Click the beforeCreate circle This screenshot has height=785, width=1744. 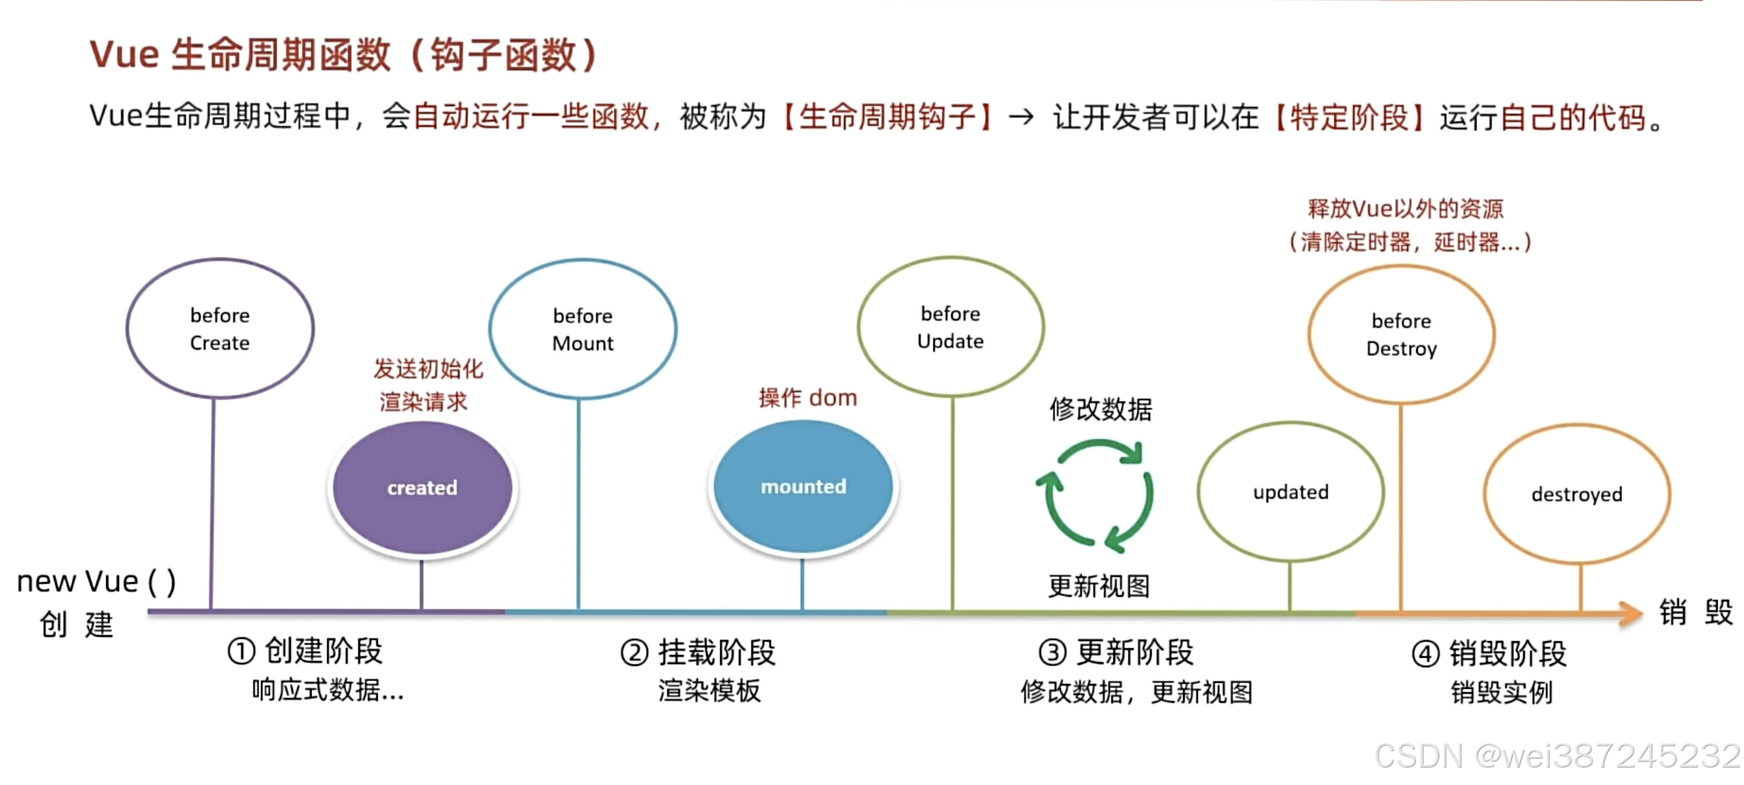click(220, 329)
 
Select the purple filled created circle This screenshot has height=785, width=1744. click(422, 487)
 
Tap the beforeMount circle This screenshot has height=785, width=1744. click(583, 329)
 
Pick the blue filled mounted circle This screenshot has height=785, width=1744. click(803, 486)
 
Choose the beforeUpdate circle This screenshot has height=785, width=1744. click(950, 327)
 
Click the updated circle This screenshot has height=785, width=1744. click(1291, 492)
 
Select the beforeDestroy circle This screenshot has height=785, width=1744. click(1401, 334)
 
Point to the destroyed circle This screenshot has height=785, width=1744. click(1577, 494)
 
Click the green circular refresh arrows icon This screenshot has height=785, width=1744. click(1095, 495)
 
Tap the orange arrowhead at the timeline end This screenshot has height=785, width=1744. click(1631, 613)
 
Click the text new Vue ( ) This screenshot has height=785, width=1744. click(96, 581)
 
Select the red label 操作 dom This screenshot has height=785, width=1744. click(807, 398)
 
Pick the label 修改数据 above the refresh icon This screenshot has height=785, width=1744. click(1100, 409)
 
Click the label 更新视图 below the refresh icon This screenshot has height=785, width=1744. click(1099, 586)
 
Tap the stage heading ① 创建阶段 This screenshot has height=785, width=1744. click(305, 651)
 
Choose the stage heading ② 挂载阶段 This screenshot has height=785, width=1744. click(698, 653)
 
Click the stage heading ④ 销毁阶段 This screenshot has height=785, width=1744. click(1489, 653)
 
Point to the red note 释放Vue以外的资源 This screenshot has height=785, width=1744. click(1405, 209)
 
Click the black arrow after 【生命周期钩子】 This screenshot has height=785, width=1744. click(1021, 116)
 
